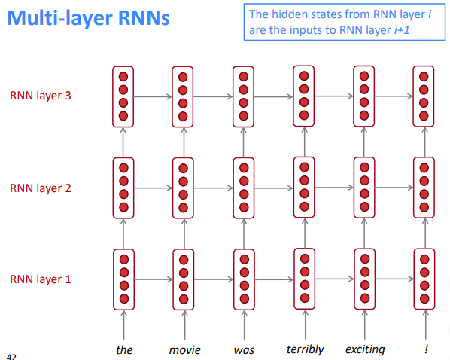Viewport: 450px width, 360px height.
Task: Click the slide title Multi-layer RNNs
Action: (88, 18)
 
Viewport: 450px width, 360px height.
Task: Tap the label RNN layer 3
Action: (41, 96)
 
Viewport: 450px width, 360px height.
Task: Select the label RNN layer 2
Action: (41, 188)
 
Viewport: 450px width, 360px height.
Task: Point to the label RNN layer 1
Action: (41, 279)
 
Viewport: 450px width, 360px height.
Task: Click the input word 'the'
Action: (124, 350)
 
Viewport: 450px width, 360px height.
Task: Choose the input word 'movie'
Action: (184, 350)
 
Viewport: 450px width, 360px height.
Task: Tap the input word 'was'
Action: (244, 350)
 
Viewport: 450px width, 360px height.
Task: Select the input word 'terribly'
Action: (305, 349)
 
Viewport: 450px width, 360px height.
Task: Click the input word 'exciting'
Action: (365, 349)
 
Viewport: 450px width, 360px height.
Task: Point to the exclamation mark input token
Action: (426, 349)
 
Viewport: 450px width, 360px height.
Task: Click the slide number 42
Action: (11, 357)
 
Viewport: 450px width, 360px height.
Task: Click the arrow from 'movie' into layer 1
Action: (184, 325)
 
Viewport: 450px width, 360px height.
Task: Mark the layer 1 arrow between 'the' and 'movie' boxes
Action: (154, 279)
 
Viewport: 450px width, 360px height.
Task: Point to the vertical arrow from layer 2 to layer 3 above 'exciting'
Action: (364, 142)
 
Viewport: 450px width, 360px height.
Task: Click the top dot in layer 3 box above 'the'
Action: (123, 77)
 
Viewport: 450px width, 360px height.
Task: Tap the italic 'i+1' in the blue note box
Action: (402, 30)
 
